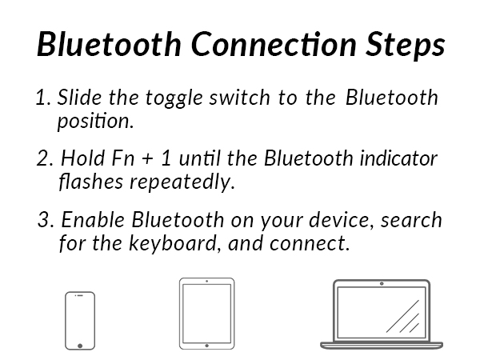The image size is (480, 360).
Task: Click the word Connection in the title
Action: (274, 44)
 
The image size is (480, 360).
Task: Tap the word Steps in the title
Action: (406, 45)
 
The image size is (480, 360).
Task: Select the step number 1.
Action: (43, 98)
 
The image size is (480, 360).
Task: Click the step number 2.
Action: (45, 158)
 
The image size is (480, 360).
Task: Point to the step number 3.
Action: (46, 220)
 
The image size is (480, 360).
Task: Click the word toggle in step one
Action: (174, 98)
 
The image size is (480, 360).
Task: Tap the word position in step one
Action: (95, 122)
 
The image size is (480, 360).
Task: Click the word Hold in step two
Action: (82, 158)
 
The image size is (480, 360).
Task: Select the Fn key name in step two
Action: (123, 158)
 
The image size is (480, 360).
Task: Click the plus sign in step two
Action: (147, 160)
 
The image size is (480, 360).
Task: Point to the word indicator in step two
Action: (398, 158)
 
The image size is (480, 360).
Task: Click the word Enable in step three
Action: (93, 219)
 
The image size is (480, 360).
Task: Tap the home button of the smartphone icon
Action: (80, 346)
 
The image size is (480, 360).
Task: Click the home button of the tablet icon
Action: (206, 346)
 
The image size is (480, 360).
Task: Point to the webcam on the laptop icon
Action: (382, 284)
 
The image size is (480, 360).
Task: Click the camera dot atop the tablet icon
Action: (207, 281)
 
